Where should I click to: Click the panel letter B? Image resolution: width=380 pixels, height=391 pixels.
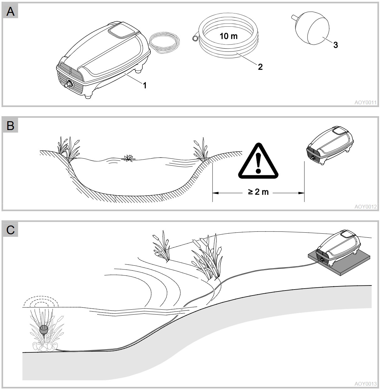coord(10,126)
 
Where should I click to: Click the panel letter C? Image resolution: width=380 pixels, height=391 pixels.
coord(10,230)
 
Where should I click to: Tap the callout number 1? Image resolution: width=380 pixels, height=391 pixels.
coord(145,85)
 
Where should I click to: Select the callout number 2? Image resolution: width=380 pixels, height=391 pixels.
coord(260,67)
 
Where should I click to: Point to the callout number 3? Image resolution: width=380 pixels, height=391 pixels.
coord(335,45)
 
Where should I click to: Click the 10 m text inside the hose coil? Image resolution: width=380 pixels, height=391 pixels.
coord(228,36)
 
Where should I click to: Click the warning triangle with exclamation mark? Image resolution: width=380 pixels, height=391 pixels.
coord(258,160)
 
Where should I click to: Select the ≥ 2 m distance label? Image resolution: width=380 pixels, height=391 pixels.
coord(258,192)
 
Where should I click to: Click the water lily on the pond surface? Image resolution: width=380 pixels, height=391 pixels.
coord(128,158)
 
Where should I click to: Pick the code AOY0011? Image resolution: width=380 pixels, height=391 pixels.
coord(366,102)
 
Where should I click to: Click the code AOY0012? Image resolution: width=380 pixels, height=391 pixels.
coord(366,207)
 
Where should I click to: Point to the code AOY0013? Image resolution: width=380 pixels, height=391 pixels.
coord(366,384)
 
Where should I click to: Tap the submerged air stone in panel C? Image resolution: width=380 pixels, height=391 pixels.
coord(44,330)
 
